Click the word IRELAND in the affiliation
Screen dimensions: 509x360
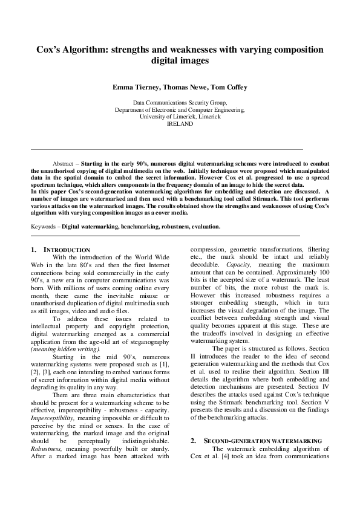click(x=180, y=123)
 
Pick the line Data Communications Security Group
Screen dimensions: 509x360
click(x=180, y=103)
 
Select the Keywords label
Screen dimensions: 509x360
click(x=45, y=227)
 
